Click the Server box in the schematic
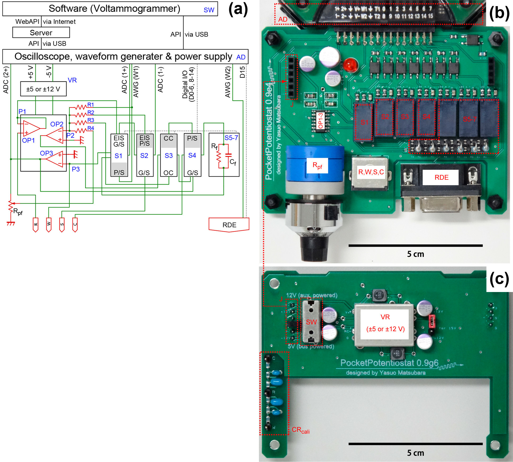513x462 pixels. point(41,33)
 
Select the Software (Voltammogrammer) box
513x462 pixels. point(110,9)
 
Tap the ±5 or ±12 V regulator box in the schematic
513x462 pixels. point(43,89)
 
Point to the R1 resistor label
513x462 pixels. point(91,105)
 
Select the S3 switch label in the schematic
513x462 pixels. point(169,155)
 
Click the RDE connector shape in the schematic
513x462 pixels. point(229,225)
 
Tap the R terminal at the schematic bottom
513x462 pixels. point(35,225)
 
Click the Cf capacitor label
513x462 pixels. point(233,162)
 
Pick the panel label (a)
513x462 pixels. point(238,9)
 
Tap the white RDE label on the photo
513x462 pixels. point(441,177)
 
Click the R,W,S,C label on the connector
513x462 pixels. point(371,172)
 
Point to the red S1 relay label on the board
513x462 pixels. point(364,122)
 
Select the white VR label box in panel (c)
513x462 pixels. point(385,324)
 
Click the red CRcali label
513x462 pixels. point(300,430)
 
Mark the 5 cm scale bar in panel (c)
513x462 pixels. point(416,444)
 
